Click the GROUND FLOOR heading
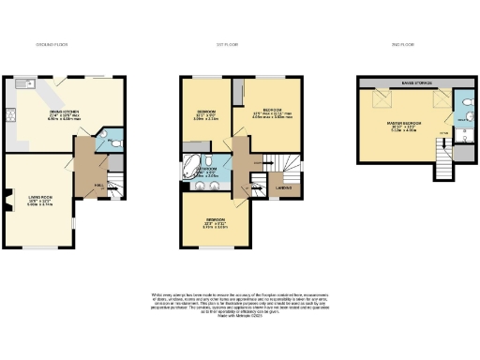point(52,44)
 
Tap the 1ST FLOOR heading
point(217,44)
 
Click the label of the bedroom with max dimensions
point(272,112)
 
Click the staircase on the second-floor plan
point(440,167)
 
